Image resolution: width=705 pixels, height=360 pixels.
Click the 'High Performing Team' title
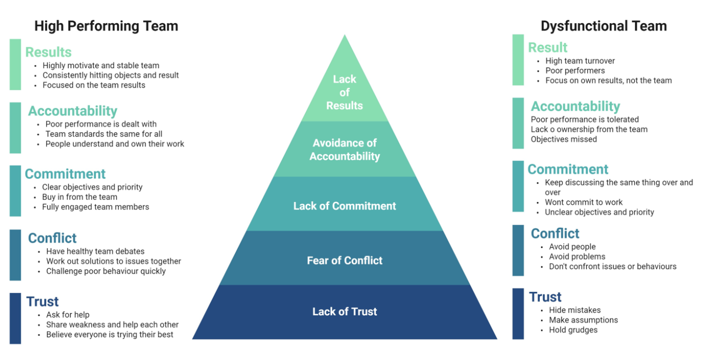pos(106,26)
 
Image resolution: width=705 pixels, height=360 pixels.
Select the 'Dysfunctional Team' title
pos(604,26)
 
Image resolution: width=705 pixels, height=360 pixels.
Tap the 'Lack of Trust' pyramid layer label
pos(345,312)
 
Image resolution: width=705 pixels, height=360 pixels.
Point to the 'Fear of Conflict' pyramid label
pos(345,260)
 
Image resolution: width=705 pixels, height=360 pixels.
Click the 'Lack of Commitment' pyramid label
pos(345,206)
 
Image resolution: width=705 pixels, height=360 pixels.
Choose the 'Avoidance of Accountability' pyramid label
pos(345,150)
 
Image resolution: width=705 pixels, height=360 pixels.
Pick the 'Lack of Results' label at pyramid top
pos(345,92)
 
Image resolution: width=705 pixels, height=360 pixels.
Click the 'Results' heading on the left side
pos(48,52)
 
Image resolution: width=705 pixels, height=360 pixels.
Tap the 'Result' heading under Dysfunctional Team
pos(547,47)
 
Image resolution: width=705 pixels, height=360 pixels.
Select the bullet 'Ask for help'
pos(68,315)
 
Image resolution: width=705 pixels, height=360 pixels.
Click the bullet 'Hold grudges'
pos(573,330)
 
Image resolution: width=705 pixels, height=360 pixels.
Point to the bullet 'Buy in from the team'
pos(80,197)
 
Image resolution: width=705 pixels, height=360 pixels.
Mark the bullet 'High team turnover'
pos(580,61)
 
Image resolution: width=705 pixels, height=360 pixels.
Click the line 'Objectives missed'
pos(563,139)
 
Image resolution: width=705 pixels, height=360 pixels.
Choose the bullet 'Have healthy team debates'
pos(95,252)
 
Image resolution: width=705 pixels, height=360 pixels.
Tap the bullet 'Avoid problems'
pos(577,257)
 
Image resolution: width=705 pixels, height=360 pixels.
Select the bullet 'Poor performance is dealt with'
pos(101,124)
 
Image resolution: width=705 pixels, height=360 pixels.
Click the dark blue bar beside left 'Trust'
pos(15,318)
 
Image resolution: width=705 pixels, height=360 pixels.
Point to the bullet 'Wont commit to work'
pos(584,202)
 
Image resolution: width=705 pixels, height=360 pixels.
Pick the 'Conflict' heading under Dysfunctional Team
pos(555,233)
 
